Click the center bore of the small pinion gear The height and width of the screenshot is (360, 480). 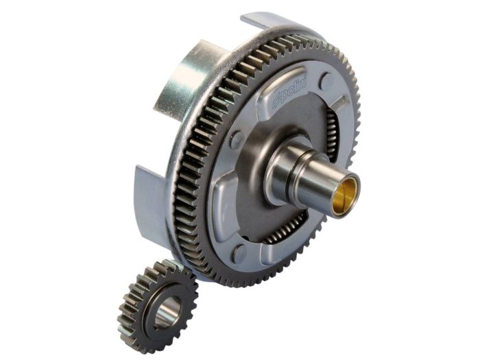[165, 312]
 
